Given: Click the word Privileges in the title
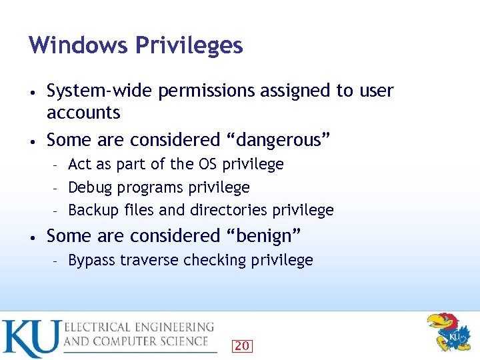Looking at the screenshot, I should (x=189, y=45).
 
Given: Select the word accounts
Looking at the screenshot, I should (x=83, y=112).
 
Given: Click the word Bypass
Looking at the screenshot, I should (x=92, y=260).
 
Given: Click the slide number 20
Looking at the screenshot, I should (x=243, y=345).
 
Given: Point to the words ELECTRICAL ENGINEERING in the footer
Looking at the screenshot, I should (x=139, y=327).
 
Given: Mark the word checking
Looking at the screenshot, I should (x=215, y=260).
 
